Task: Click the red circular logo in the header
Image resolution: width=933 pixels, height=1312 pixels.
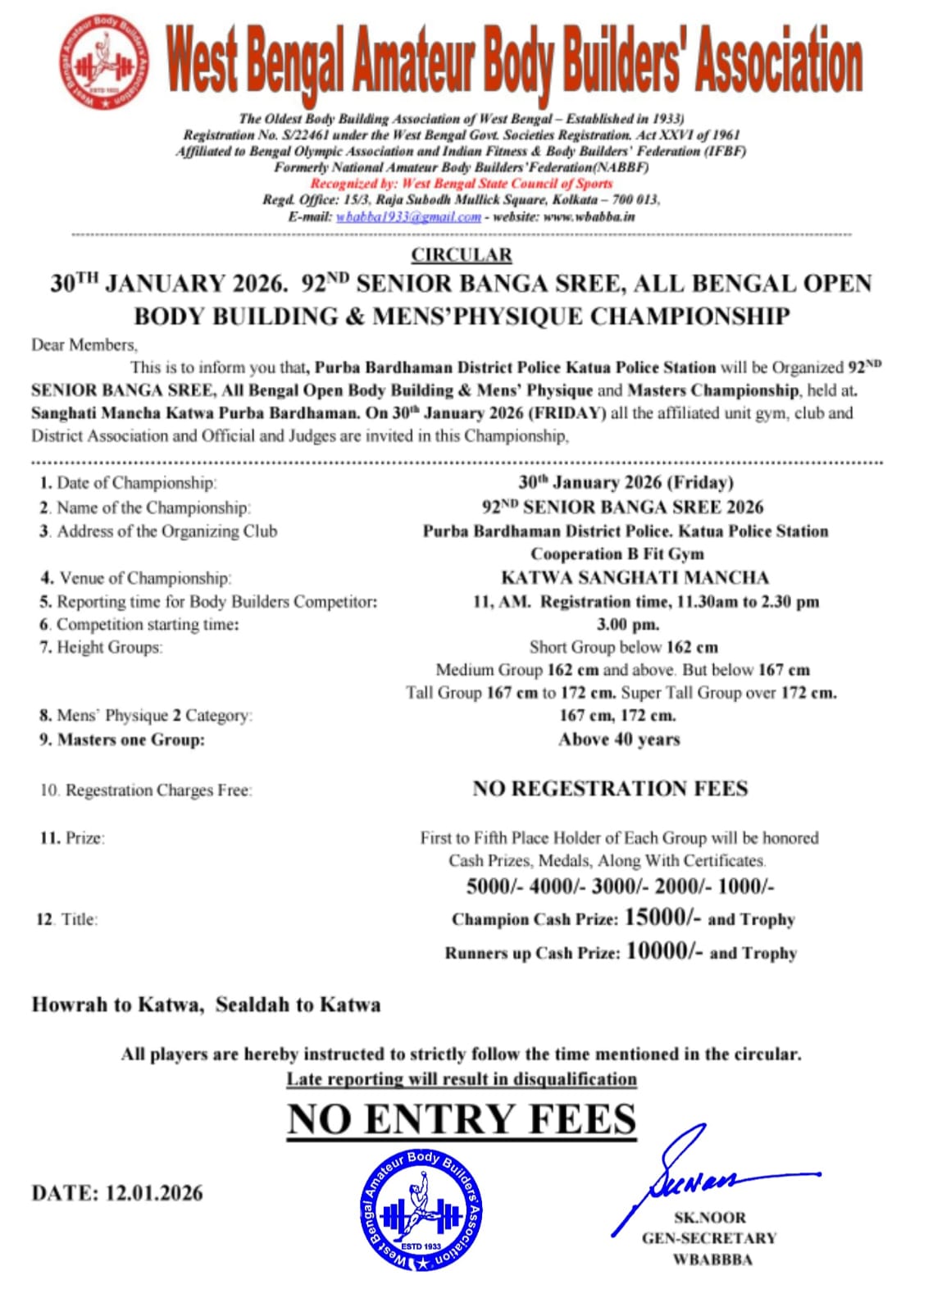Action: tap(104, 62)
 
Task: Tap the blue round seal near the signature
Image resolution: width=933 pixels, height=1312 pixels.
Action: tap(421, 1210)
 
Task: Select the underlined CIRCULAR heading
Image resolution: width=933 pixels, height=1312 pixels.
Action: tap(462, 255)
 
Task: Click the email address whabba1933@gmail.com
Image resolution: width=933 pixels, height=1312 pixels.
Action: tap(408, 217)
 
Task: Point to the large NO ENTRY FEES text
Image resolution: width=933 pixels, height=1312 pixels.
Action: tap(462, 1119)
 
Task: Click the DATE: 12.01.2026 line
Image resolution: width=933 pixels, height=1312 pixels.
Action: tap(117, 1192)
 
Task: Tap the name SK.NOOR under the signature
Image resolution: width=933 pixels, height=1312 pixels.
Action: tap(710, 1218)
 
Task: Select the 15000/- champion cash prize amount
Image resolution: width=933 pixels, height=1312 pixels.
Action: tap(662, 918)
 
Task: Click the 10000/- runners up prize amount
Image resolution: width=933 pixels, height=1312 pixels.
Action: tap(664, 951)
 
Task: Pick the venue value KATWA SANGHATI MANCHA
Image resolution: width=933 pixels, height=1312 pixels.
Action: tap(635, 577)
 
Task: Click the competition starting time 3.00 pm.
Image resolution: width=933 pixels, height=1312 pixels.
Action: tap(627, 624)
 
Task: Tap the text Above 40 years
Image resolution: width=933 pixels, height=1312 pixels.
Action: tap(619, 740)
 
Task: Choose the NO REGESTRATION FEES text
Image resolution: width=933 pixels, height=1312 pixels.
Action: tap(610, 789)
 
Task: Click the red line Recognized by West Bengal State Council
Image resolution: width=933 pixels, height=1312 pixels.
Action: tap(461, 184)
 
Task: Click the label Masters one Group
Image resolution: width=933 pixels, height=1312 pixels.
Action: tap(130, 740)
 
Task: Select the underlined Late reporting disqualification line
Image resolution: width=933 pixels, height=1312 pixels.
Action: tap(462, 1079)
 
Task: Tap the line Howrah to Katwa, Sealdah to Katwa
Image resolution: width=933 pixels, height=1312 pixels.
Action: tap(206, 1004)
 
